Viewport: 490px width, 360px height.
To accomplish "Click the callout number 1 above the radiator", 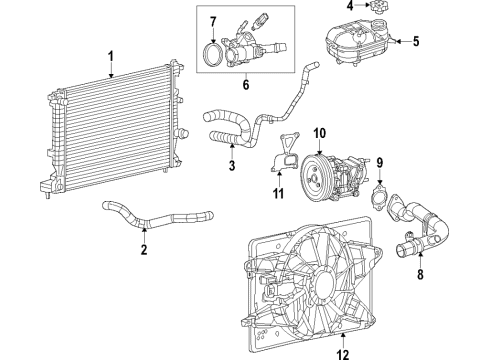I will [112, 56].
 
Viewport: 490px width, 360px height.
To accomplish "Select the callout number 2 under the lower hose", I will [143, 249].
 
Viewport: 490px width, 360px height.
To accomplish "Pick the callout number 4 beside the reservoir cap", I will [349, 7].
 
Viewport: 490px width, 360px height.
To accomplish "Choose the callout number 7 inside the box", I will [211, 21].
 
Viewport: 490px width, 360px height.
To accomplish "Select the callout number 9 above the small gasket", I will [377, 161].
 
